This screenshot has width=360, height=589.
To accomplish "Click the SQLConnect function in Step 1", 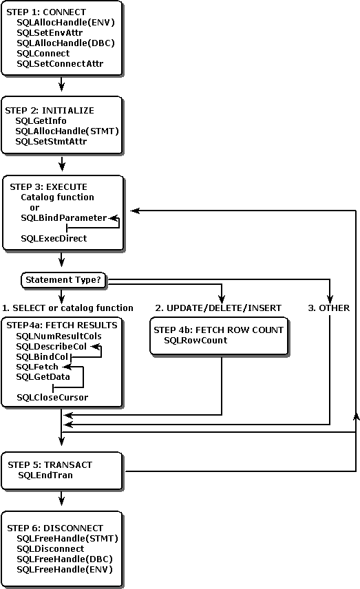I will coord(43,53).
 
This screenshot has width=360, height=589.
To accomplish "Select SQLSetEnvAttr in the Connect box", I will coord(49,32).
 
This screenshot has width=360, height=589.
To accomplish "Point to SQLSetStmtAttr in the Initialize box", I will coord(50,141).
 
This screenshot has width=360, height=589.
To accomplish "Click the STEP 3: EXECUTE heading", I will coord(49,186).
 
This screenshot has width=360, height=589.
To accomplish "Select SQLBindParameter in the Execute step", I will coord(64,217).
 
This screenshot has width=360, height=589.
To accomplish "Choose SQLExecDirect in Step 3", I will coord(54,238).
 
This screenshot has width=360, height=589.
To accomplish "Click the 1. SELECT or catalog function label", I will coord(67,308).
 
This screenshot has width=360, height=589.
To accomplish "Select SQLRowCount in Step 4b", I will coord(195,341).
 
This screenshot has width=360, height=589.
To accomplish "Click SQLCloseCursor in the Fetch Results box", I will coord(52,398).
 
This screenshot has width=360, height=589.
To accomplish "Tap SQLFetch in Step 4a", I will coord(38,367).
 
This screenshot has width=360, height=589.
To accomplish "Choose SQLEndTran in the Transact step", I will coord(45,475).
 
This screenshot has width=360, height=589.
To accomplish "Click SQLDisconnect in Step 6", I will coord(50,548).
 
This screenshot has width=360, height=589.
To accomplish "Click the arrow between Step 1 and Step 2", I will coord(63,83).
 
